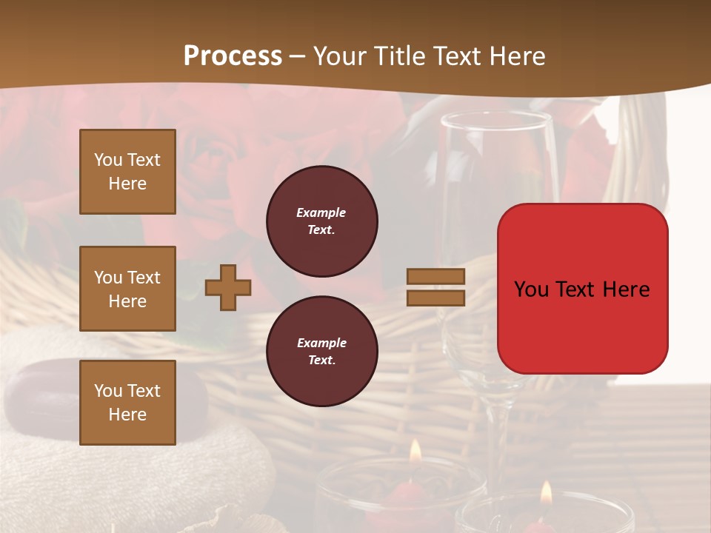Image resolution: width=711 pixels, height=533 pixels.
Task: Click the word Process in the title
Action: (x=233, y=56)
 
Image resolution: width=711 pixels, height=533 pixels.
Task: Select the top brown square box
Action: (x=127, y=172)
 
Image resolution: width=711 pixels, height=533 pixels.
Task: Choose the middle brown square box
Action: (x=127, y=289)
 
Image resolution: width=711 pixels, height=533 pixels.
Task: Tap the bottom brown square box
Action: (x=127, y=403)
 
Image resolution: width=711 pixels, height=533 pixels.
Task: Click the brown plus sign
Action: (x=228, y=287)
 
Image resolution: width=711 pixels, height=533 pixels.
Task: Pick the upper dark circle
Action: (x=321, y=221)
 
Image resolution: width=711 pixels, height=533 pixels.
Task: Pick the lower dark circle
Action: (x=321, y=352)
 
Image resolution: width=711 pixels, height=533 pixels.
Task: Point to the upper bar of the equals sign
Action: (x=435, y=276)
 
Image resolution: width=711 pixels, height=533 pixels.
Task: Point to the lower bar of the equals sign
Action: (x=435, y=298)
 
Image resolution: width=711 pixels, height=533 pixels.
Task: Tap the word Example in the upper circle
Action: (x=321, y=212)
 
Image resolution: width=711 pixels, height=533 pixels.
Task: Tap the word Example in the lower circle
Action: (x=321, y=343)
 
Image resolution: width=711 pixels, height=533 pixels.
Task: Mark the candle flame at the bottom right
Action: (x=547, y=492)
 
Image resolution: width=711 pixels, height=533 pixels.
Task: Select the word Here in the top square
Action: (x=127, y=184)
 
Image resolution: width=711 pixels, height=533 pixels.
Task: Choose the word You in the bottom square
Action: (x=108, y=390)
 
